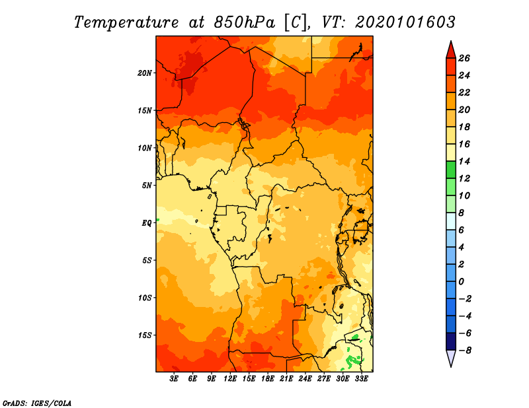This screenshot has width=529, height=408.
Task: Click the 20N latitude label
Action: (145, 73)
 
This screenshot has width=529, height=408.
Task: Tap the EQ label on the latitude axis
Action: (146, 223)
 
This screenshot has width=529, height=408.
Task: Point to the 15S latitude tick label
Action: (145, 335)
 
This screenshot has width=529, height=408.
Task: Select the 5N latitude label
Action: (147, 186)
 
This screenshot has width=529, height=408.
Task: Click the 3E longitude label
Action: (174, 379)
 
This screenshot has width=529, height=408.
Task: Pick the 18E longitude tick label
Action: (268, 379)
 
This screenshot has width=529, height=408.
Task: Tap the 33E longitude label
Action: (361, 379)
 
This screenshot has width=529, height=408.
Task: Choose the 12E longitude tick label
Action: (230, 379)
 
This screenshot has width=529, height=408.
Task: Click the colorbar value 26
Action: (464, 58)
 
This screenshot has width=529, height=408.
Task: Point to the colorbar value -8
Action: (465, 351)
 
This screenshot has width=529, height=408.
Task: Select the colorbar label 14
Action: (464, 161)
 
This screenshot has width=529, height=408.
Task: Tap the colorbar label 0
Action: (461, 282)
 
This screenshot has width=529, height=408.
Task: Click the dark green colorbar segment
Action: (451, 170)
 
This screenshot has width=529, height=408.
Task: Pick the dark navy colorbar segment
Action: (451, 341)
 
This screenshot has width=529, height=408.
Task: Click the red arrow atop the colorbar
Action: (451, 50)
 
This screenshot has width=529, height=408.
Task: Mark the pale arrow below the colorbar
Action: (451, 358)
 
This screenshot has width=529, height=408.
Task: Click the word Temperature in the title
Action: (126, 22)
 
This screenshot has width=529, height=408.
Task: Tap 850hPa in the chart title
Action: (244, 22)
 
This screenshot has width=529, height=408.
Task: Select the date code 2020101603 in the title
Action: (405, 22)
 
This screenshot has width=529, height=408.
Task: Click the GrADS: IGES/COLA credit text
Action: (37, 403)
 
